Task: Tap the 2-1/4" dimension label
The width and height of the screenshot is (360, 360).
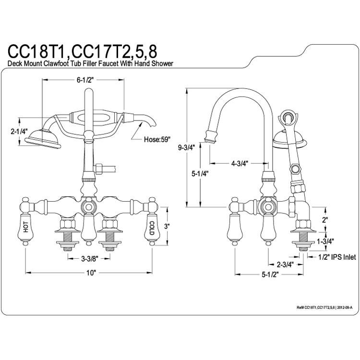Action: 19,132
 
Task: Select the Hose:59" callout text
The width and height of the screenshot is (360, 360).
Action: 157,139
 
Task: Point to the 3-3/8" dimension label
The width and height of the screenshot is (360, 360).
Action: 89,259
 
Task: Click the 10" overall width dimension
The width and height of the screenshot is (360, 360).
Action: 91,273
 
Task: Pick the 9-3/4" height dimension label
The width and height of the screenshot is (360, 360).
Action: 186,148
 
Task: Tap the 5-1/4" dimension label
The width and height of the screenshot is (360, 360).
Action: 200,174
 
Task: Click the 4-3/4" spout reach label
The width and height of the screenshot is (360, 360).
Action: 240,164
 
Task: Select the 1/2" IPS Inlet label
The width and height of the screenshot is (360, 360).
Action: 337,257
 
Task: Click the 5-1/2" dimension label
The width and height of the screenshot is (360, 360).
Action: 270,275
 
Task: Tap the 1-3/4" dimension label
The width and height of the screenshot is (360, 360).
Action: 325,241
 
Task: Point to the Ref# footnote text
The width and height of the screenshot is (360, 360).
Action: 324,308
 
